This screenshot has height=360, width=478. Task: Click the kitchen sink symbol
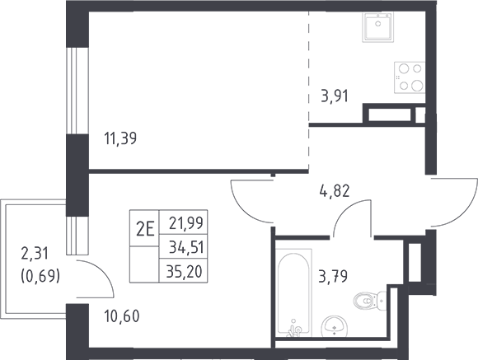pos(378,27)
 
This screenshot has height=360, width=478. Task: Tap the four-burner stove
pos(410,77)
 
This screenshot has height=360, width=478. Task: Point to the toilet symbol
pos(370,301)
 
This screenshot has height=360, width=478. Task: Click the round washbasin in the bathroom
pos(335,326)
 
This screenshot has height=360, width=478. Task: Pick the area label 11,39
pos(120,138)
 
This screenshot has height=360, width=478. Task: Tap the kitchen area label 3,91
pos(335,96)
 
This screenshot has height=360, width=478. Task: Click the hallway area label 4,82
pos(335,191)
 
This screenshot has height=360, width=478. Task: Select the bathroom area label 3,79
pos(333,277)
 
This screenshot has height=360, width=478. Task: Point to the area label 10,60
pos(122,316)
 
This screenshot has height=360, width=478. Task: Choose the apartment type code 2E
pos(145,229)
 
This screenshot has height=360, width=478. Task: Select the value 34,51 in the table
pos(186,247)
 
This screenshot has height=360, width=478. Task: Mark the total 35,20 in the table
pos(185,271)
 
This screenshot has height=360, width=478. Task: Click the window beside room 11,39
pos(77,91)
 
